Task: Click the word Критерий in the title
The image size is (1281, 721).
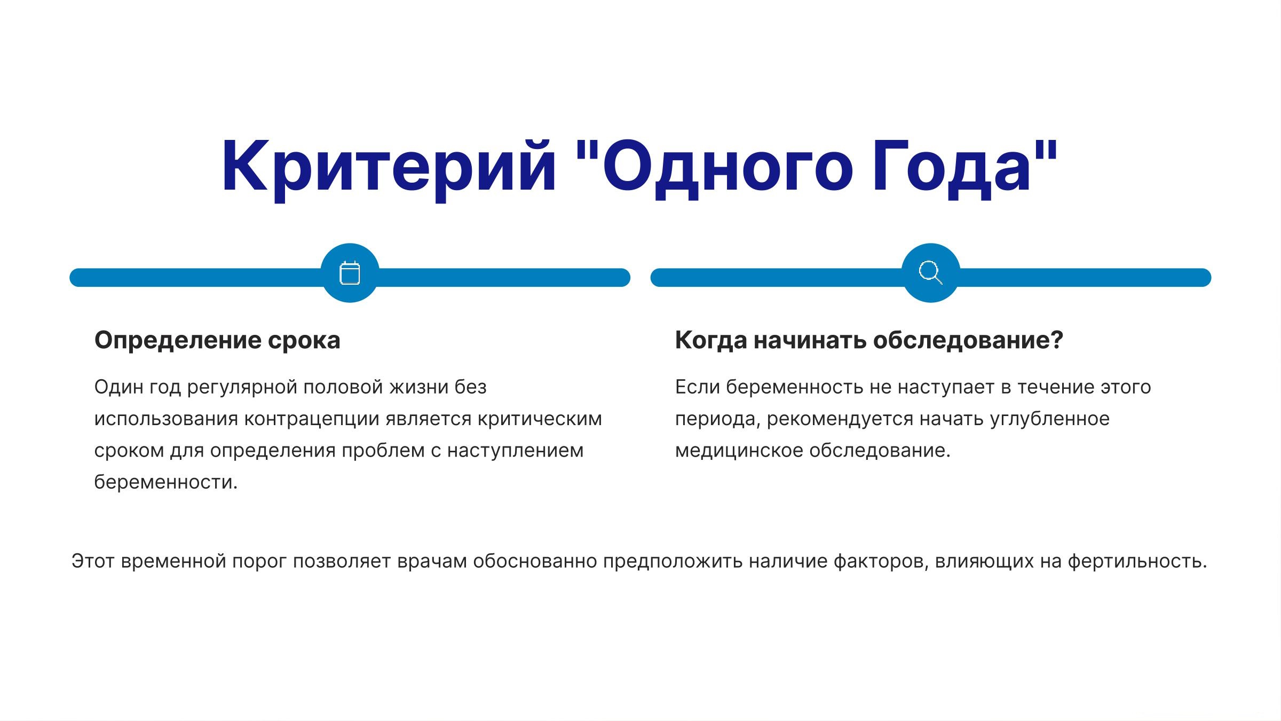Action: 389,167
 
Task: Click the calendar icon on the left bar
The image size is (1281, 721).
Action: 350,273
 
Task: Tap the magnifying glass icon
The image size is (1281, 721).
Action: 930,273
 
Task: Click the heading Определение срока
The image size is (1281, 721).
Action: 217,340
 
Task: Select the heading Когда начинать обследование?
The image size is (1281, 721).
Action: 869,340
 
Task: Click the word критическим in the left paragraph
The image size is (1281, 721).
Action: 540,419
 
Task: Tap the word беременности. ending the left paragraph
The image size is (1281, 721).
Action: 166,482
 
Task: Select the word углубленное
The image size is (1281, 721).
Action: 1050,419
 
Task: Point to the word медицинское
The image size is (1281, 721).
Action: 739,450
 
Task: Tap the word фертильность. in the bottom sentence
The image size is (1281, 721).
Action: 1137,561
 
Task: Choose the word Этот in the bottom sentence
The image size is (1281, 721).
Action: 93,561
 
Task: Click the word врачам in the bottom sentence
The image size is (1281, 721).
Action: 432,562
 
